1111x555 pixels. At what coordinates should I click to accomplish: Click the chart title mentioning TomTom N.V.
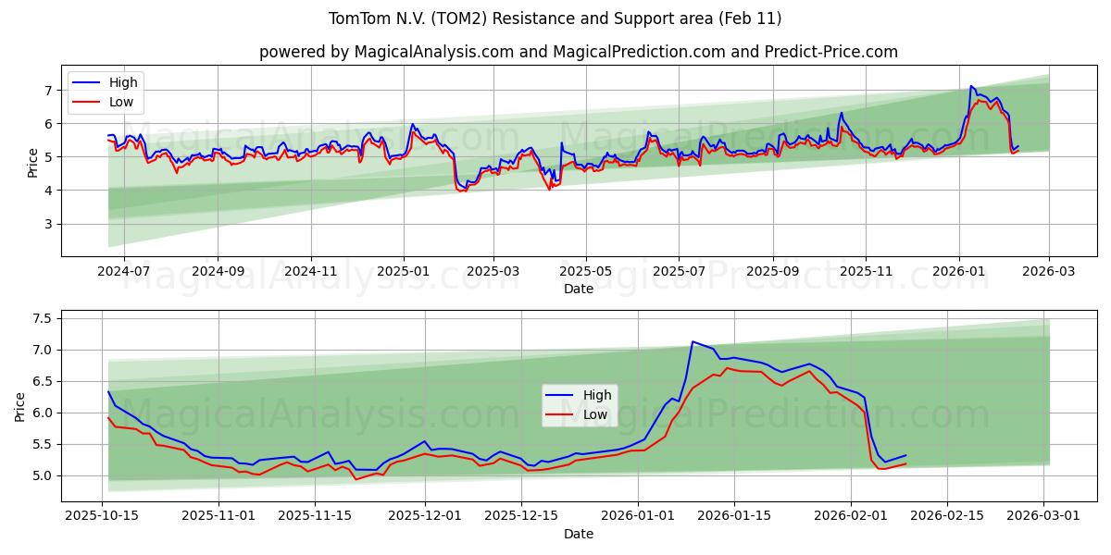click(x=555, y=18)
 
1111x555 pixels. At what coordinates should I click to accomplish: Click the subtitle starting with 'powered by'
click(x=578, y=52)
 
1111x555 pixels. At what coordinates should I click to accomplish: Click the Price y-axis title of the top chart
click(x=33, y=162)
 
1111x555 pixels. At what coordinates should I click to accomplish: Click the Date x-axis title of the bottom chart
click(x=578, y=534)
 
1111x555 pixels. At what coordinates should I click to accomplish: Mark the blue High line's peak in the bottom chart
click(x=693, y=341)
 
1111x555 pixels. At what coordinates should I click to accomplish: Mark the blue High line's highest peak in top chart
click(x=970, y=86)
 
